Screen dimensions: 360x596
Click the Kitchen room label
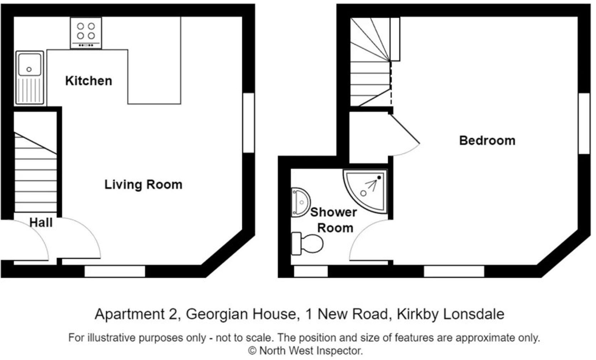coord(89,81)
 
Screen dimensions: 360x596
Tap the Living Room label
coord(143,184)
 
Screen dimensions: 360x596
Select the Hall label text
coord(41,223)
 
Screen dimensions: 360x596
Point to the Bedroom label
coord(487,140)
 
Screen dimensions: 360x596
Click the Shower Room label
coord(334,220)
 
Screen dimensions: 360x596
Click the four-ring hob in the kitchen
coord(86,32)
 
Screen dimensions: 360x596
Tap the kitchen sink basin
coord(30,65)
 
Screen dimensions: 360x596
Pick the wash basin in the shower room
coord(300,203)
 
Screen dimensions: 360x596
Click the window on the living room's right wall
coord(249,123)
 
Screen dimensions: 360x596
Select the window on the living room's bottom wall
coord(115,271)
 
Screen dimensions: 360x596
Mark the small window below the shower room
coord(311,271)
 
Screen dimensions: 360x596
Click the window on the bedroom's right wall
coord(584,123)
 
